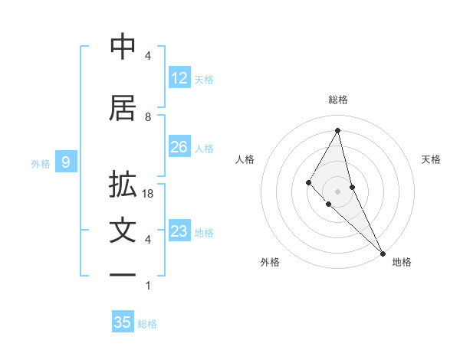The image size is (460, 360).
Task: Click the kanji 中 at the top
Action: [123, 47]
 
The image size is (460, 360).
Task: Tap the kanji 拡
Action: [123, 185]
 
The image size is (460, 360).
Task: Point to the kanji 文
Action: [123, 231]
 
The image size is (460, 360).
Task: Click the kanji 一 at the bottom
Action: [123, 274]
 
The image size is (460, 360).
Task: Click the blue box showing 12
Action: [179, 78]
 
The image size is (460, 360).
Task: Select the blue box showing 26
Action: [179, 147]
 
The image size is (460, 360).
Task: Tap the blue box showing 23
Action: [179, 231]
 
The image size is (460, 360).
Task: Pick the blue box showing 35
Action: [123, 322]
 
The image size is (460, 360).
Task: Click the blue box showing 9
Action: [66, 162]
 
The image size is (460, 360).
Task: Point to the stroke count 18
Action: [149, 194]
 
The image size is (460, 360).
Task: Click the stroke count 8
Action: [148, 116]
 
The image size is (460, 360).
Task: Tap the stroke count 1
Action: [148, 286]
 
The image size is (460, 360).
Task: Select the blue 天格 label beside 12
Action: [204, 79]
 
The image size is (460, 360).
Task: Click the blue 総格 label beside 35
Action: [147, 324]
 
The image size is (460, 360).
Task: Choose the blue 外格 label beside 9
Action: [41, 163]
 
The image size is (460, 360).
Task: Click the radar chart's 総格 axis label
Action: [338, 100]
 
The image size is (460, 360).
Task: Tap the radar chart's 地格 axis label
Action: [402, 262]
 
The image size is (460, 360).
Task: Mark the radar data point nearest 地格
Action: [383, 253]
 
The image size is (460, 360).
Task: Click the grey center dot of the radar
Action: [337, 191]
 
